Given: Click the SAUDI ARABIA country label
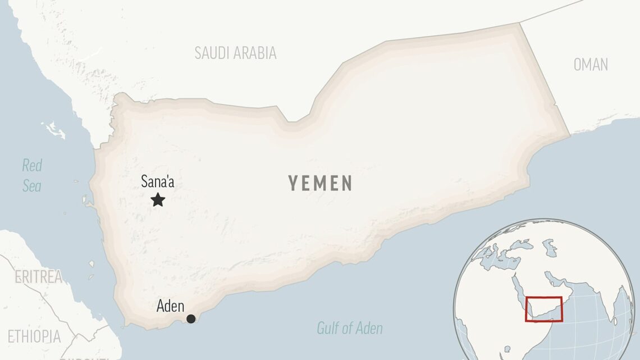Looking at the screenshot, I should tap(235, 53).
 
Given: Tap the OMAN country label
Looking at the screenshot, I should tap(591, 65).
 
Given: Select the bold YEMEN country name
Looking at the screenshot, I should tap(321, 183).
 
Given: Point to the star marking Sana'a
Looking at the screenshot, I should tap(158, 200).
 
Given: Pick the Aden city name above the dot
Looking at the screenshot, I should tap(170, 306).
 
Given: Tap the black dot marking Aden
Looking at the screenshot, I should tap(191, 318).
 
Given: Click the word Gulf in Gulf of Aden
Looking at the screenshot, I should tap(328, 328).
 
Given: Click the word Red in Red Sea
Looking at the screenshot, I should tap(32, 166).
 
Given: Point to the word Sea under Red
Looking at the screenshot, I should tap(32, 186).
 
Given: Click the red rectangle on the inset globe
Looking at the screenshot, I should tap(543, 309).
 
